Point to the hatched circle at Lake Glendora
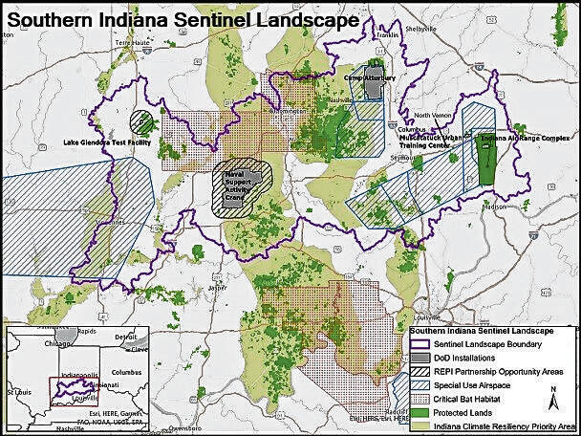pos(141,121)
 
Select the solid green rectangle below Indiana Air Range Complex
pos(487,167)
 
